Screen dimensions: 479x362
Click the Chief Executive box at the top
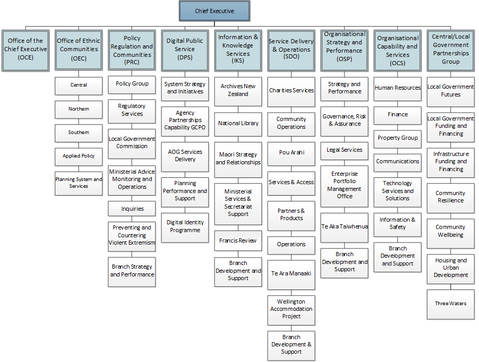tap(214, 11)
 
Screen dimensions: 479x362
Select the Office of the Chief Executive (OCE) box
tap(26, 51)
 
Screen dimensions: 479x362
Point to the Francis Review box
tap(238, 240)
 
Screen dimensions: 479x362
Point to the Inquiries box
tap(131, 209)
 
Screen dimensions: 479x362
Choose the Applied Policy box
tap(78, 156)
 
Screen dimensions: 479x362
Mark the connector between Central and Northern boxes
tap(78, 98)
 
